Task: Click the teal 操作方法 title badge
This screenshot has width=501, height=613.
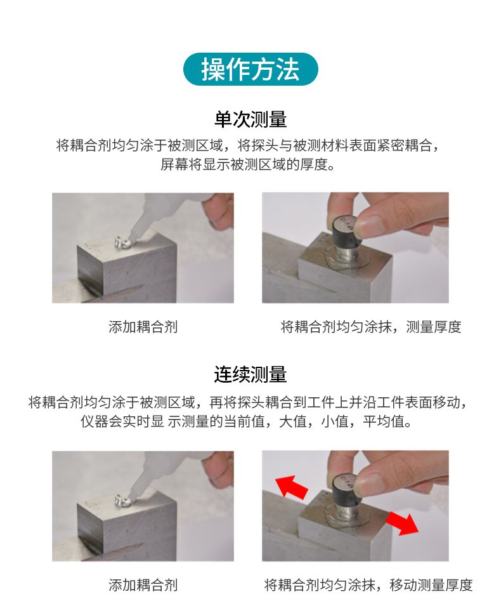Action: (x=251, y=69)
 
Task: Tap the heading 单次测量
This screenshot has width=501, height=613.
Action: (x=251, y=119)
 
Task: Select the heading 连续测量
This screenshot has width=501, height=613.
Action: (x=251, y=374)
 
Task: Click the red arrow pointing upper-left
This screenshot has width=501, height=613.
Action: (x=291, y=487)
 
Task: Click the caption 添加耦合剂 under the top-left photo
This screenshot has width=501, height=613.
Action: (x=143, y=326)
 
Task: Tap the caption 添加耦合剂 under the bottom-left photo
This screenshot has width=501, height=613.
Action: (x=143, y=585)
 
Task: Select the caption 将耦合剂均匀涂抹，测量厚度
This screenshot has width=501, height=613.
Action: (x=371, y=326)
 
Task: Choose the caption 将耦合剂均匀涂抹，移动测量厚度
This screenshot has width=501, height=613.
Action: (x=368, y=585)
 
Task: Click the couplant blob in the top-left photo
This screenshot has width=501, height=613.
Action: (x=122, y=243)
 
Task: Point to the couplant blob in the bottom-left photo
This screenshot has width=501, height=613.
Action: (x=122, y=501)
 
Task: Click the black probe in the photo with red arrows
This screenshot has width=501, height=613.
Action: (x=346, y=491)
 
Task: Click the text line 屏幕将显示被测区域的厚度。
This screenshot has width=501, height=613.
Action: (x=248, y=164)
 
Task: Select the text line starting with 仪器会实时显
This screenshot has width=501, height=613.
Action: (x=246, y=421)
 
